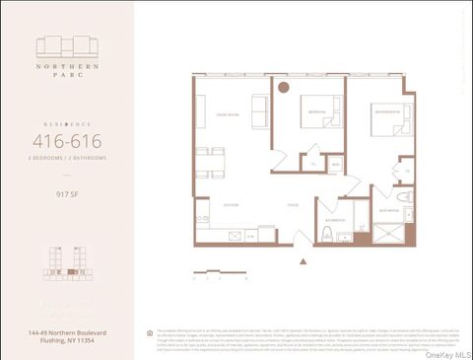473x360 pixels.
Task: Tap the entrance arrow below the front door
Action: pos(302,261)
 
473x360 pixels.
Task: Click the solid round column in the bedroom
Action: pos(283,88)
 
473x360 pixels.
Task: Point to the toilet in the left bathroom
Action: pos(326,234)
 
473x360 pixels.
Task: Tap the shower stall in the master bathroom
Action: pos(386,234)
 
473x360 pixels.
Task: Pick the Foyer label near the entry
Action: pos(293,204)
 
